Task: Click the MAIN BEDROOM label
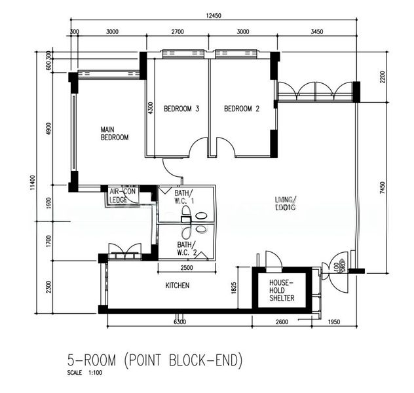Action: pyautogui.click(x=114, y=134)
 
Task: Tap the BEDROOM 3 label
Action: pyautogui.click(x=181, y=109)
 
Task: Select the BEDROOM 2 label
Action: pyautogui.click(x=242, y=109)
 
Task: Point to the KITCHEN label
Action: pyautogui.click(x=177, y=286)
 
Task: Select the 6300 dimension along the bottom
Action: pyautogui.click(x=181, y=322)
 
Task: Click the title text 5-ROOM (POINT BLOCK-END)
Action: pyautogui.click(x=155, y=360)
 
